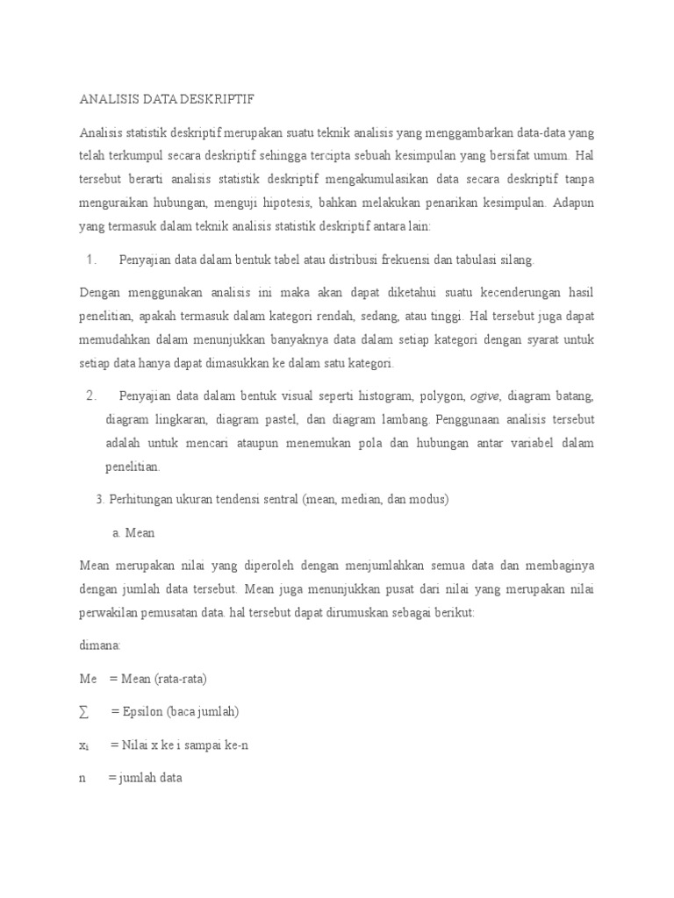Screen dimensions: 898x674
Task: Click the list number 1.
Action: [90, 260]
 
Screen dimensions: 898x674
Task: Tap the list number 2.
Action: [90, 396]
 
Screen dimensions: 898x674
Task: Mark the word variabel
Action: [513, 442]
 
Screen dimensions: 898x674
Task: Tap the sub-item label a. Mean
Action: [133, 532]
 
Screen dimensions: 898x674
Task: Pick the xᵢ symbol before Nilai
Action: [84, 745]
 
